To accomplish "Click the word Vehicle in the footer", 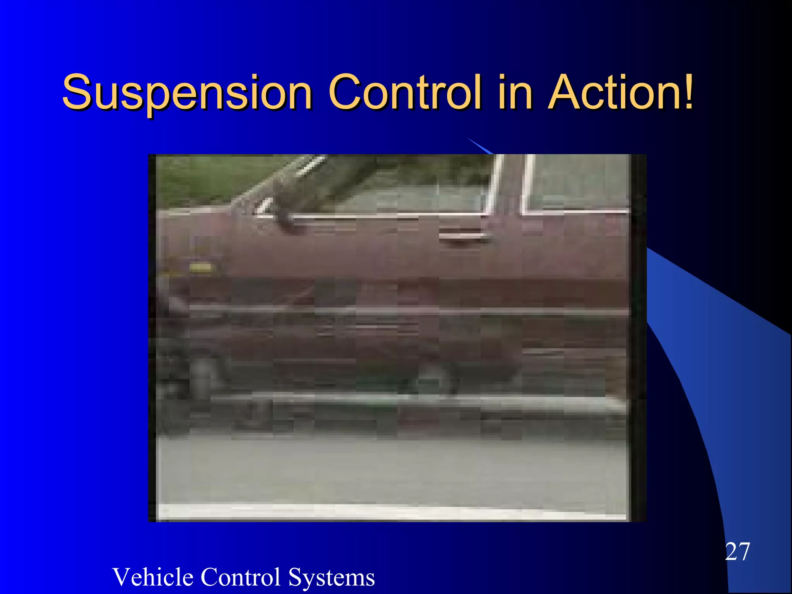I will (152, 577).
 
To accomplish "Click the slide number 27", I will (737, 551).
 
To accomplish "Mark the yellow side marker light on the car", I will (200, 267).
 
